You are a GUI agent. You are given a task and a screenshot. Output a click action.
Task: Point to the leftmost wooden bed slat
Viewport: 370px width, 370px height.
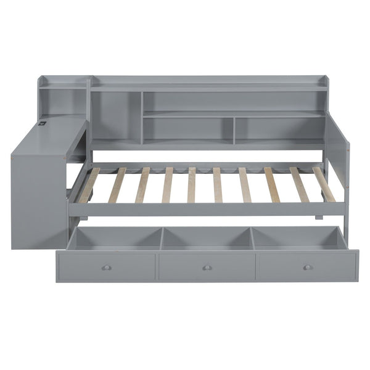[x=89, y=185]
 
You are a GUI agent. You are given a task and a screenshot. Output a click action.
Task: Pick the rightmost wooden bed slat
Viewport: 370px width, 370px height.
[x=324, y=184]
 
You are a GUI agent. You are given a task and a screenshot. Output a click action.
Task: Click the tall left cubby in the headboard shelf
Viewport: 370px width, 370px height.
[x=116, y=117]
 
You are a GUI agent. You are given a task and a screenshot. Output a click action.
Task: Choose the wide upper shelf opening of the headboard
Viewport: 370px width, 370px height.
[x=233, y=102]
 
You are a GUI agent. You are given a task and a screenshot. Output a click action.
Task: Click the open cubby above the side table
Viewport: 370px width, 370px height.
[x=63, y=102]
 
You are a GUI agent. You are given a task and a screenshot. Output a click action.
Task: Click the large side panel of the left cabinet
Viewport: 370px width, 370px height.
[x=38, y=191]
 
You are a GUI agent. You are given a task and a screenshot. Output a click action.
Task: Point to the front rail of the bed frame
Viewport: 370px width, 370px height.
[x=203, y=210]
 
